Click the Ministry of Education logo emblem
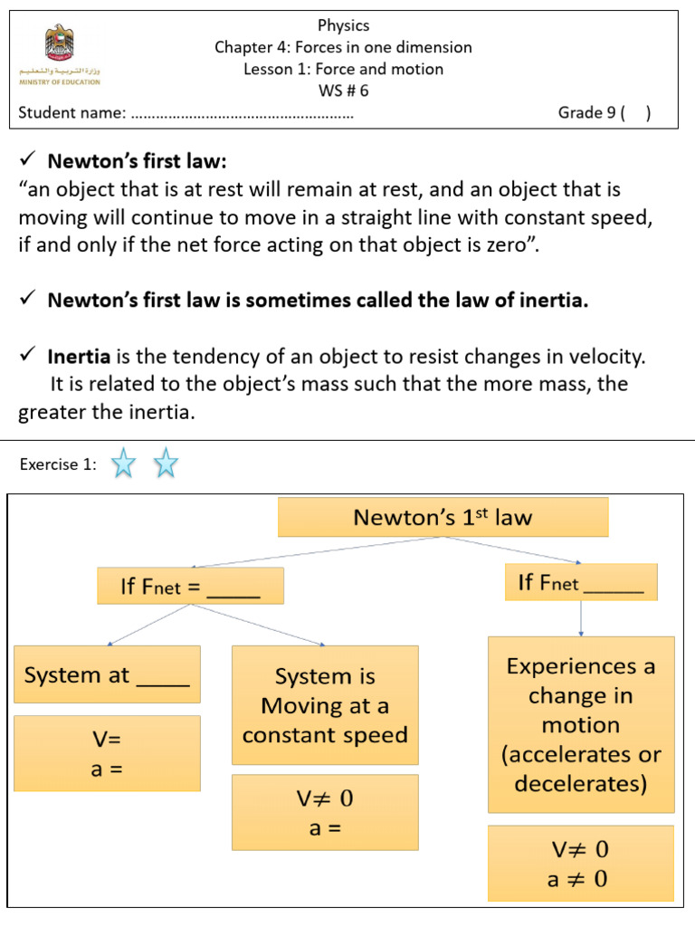click(60, 43)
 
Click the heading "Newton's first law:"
click(136, 161)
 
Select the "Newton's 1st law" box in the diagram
click(443, 517)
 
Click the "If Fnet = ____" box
click(190, 587)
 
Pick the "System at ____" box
click(107, 674)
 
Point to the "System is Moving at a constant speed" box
click(325, 705)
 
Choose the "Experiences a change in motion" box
click(581, 724)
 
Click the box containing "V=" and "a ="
click(107, 753)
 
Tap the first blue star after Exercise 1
click(123, 464)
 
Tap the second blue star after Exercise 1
click(166, 464)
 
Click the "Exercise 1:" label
click(57, 464)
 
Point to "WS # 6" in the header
click(343, 91)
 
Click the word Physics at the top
click(343, 25)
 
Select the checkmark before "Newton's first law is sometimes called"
click(26, 301)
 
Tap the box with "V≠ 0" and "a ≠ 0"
click(580, 864)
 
